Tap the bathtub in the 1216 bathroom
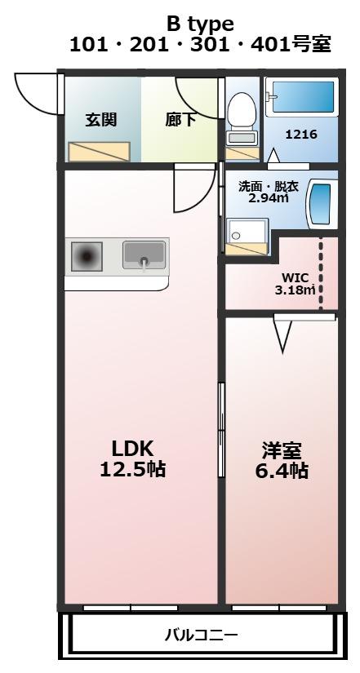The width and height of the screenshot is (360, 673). coord(300,96)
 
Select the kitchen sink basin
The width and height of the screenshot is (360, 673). coord(144,255)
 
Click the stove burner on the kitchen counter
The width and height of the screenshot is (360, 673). coord(87,257)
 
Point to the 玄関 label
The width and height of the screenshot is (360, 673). coord(101,120)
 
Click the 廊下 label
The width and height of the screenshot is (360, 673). coord(181,120)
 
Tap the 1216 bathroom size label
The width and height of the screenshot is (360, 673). coord(301,135)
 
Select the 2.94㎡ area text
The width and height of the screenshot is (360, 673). coord(269,198)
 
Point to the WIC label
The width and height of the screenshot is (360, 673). coord(296,277)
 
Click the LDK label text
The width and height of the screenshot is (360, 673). coord(132,449)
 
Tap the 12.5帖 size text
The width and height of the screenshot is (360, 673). coord(133,469)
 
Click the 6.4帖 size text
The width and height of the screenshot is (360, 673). coord(282,471)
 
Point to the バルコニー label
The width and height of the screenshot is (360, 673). coord(201,635)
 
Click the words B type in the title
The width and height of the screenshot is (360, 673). coord(200,24)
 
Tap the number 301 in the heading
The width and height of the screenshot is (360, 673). coord(209,45)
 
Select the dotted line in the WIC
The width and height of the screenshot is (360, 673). coord(321,273)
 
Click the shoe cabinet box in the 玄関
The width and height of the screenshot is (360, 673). coord(100,152)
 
